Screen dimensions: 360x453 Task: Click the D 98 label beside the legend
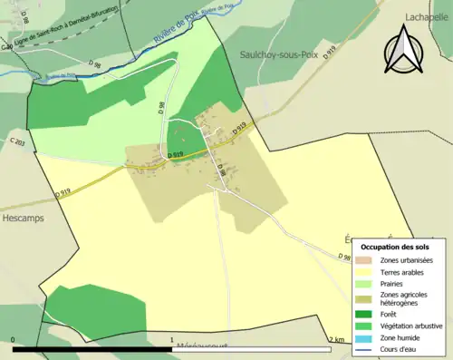344,257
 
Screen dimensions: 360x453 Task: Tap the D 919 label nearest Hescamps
62,192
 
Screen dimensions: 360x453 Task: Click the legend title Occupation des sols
395,247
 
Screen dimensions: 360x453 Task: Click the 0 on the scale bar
14,340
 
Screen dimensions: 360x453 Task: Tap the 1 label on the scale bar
172,340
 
